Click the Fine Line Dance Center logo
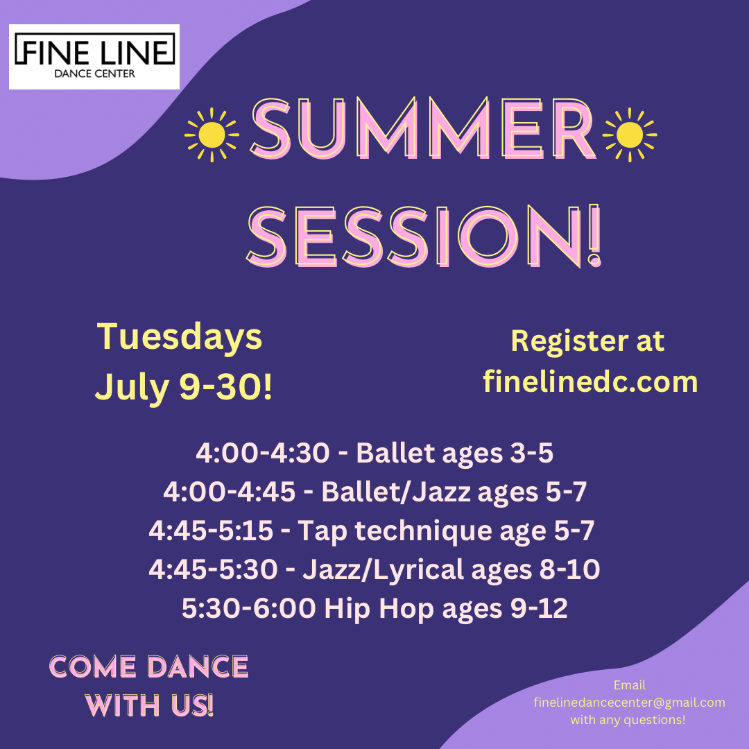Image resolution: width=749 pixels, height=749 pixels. tap(94, 56)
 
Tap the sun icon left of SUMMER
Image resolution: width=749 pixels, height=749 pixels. tap(212, 135)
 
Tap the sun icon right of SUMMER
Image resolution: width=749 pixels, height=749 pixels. tap(630, 135)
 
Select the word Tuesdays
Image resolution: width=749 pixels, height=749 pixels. tap(180, 337)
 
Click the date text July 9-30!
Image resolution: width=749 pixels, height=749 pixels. tap(184, 387)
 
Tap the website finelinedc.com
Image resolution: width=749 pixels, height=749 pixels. tap(590, 381)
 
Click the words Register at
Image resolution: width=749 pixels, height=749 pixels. tap(587, 341)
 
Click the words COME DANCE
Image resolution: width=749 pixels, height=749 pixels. tap(148, 667)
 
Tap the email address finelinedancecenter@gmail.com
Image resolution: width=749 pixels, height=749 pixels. tap(629, 703)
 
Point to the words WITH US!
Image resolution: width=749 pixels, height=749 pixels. tap(148, 706)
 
